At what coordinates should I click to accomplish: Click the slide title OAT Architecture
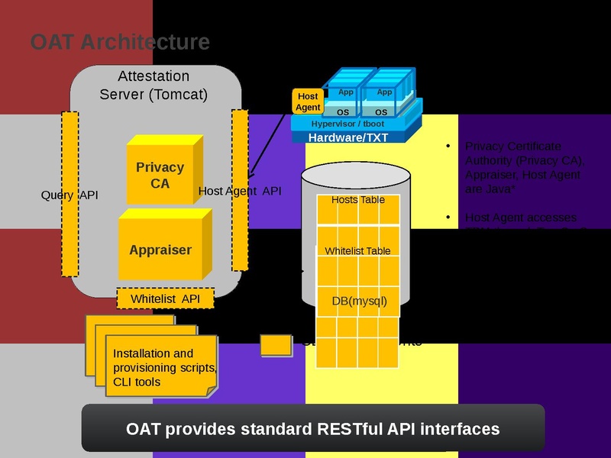click(120, 41)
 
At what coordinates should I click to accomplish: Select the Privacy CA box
click(160, 175)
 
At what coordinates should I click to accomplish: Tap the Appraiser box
click(160, 250)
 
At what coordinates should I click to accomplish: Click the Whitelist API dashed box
click(166, 298)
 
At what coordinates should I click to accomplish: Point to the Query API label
click(70, 195)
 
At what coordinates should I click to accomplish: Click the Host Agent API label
click(240, 191)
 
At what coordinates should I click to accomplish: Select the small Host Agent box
click(308, 102)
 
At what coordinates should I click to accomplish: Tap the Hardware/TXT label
click(348, 137)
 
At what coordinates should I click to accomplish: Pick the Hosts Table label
click(357, 200)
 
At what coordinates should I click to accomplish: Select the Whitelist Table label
click(357, 251)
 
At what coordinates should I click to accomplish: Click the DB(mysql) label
click(359, 301)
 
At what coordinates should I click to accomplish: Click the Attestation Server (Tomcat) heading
click(154, 85)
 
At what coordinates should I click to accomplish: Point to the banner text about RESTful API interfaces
click(312, 428)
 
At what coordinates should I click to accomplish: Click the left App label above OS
click(346, 92)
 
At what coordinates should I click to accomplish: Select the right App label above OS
click(384, 92)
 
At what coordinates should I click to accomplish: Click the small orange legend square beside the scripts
click(276, 345)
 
